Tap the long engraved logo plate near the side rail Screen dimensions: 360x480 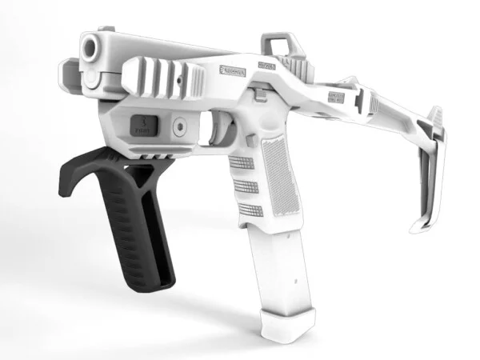click(234, 70)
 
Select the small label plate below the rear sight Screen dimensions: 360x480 click(266, 66)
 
